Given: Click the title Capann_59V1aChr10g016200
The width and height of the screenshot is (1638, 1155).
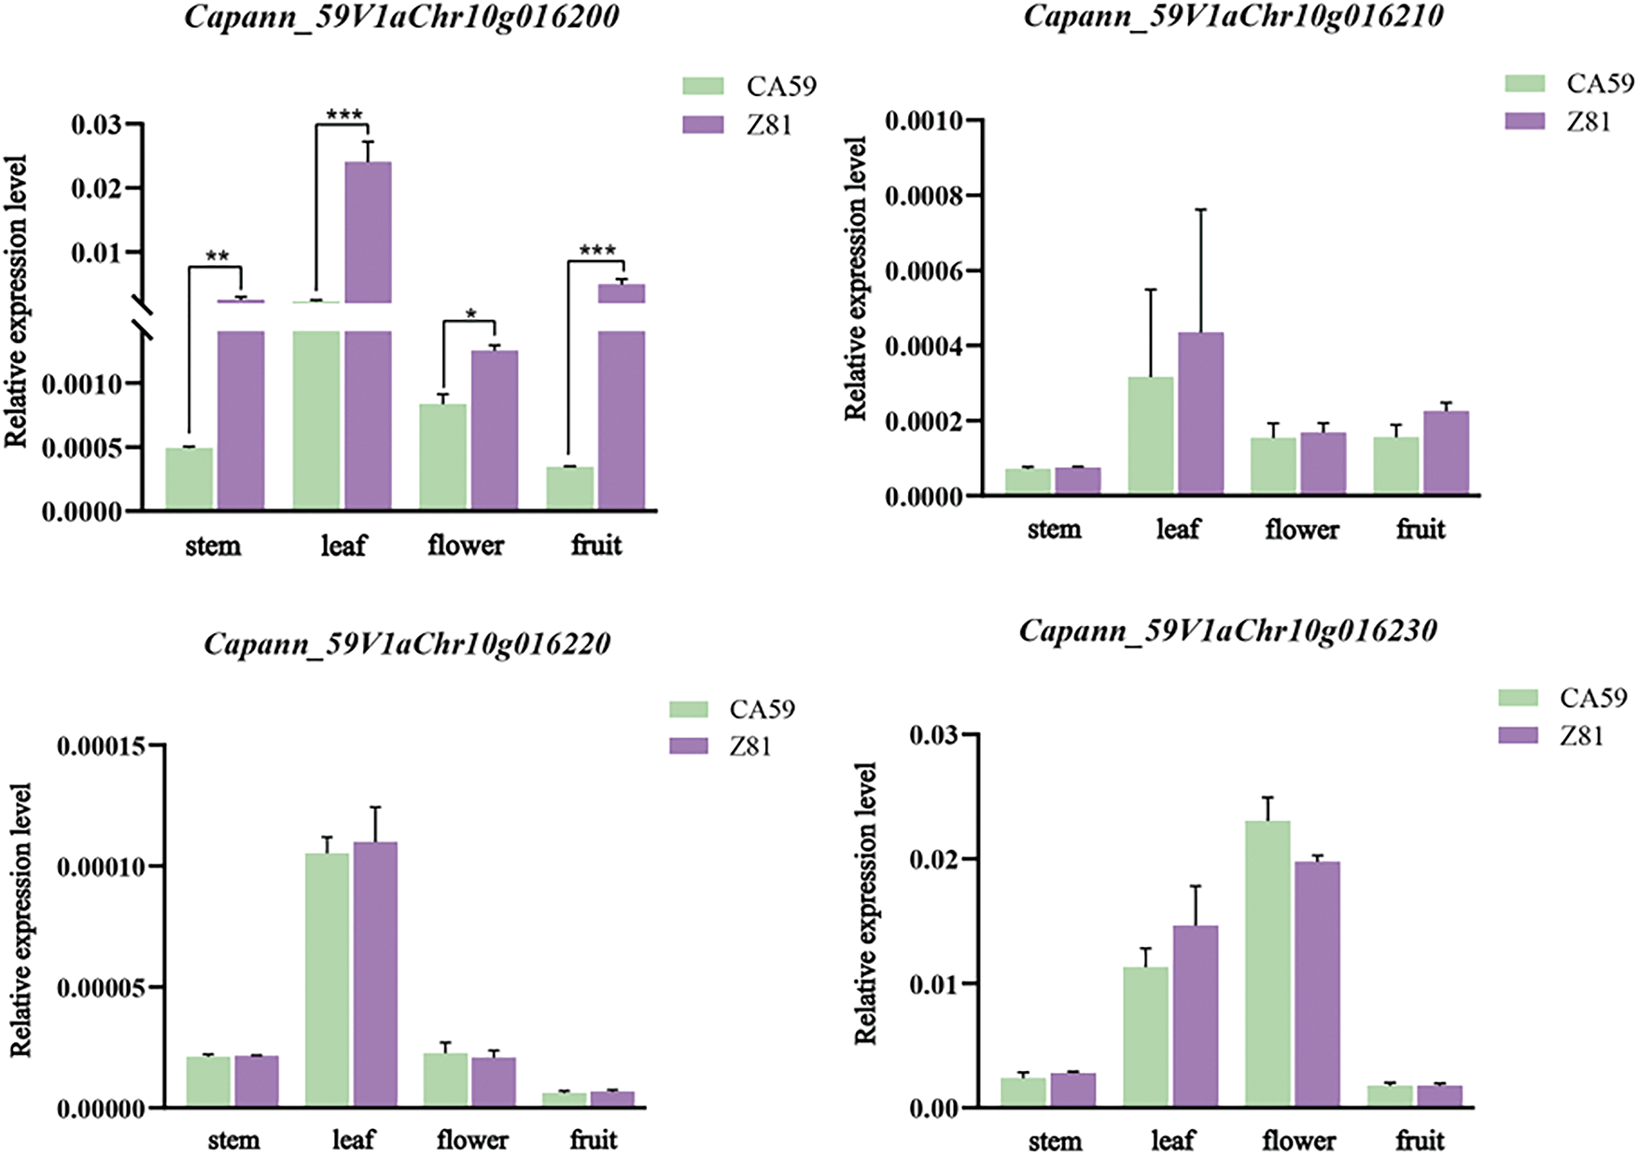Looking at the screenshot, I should click(402, 18).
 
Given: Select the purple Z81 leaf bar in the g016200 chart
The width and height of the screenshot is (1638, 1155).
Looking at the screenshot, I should click(368, 233).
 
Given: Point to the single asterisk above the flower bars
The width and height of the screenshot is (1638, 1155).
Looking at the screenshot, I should click(471, 314).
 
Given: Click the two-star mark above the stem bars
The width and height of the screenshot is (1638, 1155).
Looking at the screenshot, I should click(217, 257).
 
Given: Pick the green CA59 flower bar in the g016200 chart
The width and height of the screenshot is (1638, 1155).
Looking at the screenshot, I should click(443, 456).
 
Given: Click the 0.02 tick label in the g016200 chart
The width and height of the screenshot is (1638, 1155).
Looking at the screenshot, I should click(95, 188).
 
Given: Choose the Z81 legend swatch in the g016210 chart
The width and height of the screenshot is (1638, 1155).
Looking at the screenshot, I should click(1524, 121).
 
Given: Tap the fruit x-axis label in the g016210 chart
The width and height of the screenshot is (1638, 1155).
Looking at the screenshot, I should click(1421, 530).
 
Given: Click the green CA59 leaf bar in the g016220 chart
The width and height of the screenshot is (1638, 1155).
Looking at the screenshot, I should click(327, 980).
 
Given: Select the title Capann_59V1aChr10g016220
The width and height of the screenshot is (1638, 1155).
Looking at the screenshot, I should click(407, 644).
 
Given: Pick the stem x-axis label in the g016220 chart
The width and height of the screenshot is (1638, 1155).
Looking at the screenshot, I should click(233, 1140).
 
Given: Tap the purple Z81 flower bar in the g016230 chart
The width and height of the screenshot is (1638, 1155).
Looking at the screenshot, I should click(1317, 984).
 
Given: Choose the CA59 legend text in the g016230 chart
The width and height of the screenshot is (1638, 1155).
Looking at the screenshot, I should click(1593, 698).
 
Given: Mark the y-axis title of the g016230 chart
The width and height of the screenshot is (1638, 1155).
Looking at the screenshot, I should click(866, 902).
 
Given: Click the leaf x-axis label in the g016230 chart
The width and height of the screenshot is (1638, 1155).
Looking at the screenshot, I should click(1172, 1140).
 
